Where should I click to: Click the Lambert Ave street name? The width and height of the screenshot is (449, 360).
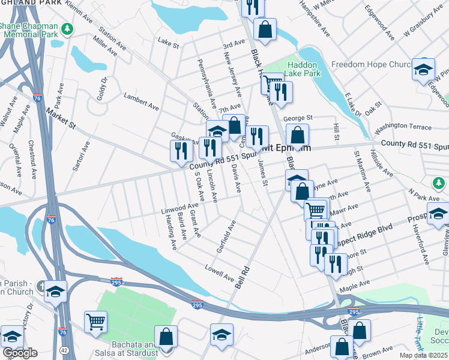coord(141,101)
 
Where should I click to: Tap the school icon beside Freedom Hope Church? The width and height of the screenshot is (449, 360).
coord(423,69)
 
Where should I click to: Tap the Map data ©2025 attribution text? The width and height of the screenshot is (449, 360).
coord(424,355)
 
